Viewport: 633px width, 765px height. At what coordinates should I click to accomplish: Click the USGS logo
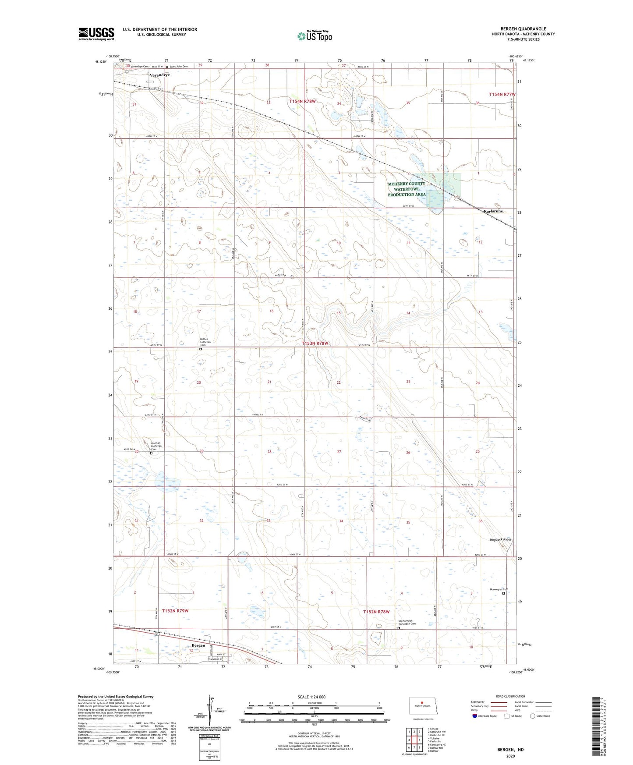point(96,34)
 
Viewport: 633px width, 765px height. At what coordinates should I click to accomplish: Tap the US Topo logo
point(315,36)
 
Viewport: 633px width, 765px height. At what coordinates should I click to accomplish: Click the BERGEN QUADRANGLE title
point(523,29)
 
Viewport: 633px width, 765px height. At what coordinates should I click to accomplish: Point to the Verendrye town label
point(159,75)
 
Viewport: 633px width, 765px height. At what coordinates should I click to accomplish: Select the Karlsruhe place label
point(493,211)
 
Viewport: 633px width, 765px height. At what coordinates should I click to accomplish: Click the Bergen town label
point(198,646)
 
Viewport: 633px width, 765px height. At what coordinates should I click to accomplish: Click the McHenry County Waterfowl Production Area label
point(407,189)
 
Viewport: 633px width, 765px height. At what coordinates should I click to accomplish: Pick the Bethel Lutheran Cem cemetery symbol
point(201,349)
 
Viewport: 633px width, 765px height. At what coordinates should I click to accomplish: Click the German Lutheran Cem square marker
point(151,453)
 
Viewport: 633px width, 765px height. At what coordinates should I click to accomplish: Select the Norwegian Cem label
point(499,589)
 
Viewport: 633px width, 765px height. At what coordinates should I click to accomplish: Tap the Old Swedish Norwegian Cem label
point(406,623)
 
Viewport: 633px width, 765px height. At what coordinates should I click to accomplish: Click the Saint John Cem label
point(179,67)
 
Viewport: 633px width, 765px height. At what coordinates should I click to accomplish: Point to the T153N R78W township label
point(315,344)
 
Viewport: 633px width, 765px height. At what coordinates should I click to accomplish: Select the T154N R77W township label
point(502,95)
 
